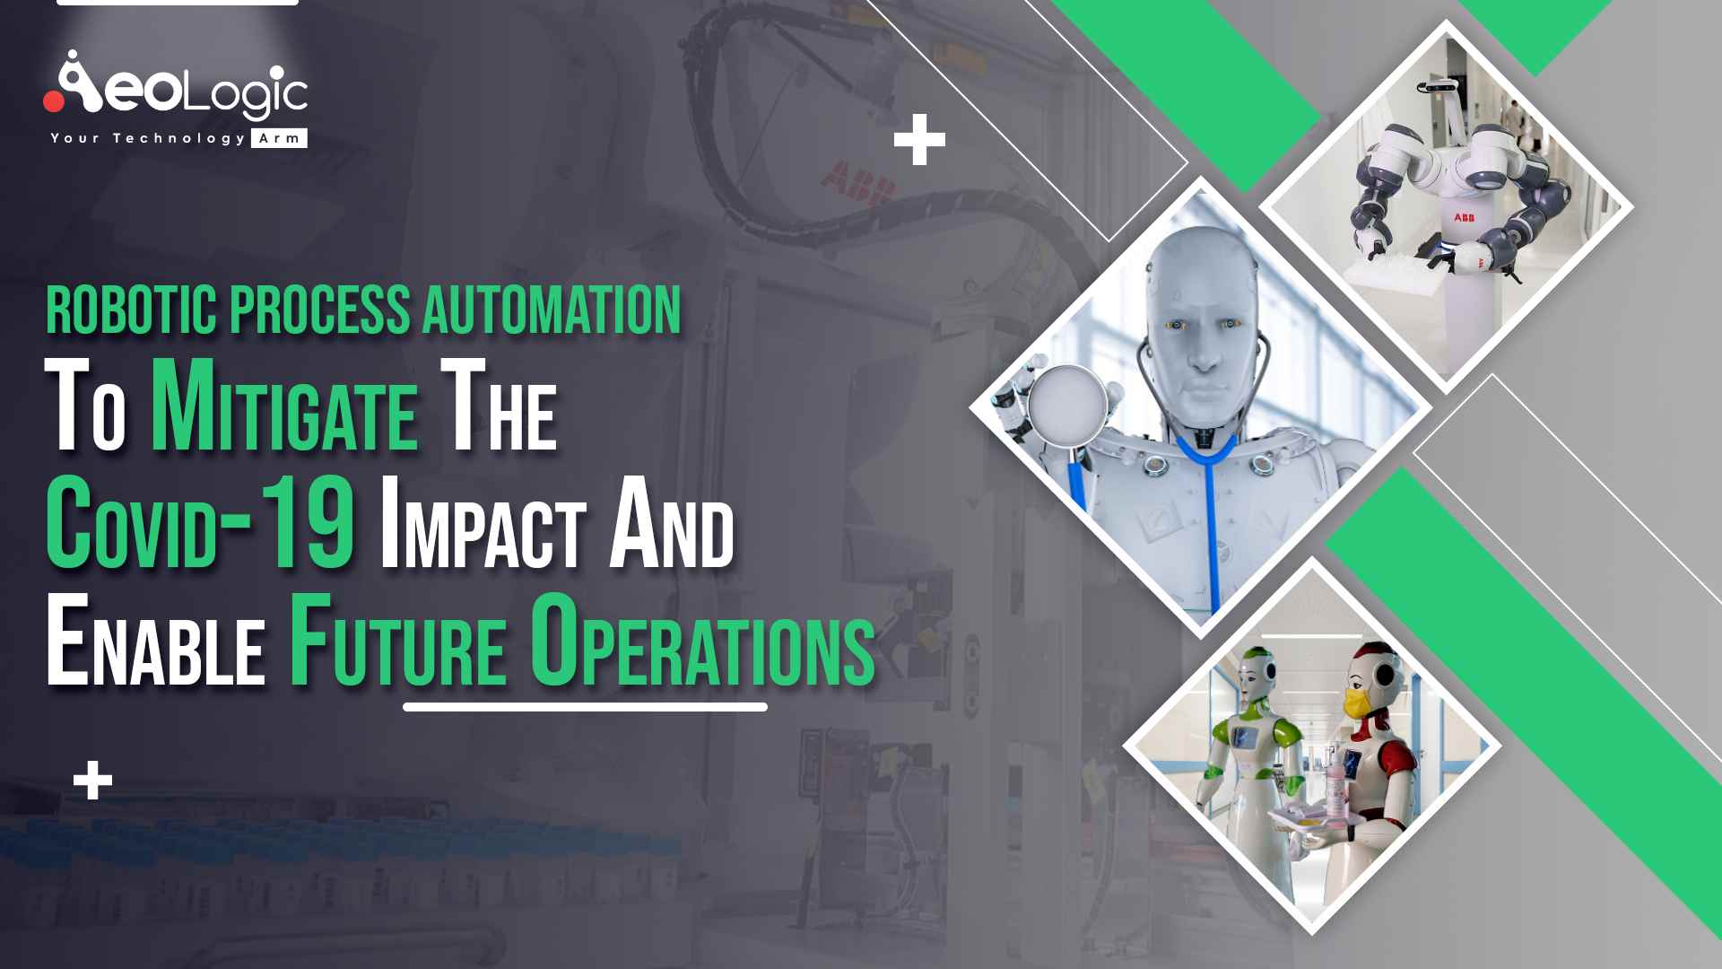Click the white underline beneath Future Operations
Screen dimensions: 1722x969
coord(585,707)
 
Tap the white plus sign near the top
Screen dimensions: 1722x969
coord(919,140)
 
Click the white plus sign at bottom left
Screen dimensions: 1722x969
coord(93,781)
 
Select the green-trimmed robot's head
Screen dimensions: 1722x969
coord(1252,668)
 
